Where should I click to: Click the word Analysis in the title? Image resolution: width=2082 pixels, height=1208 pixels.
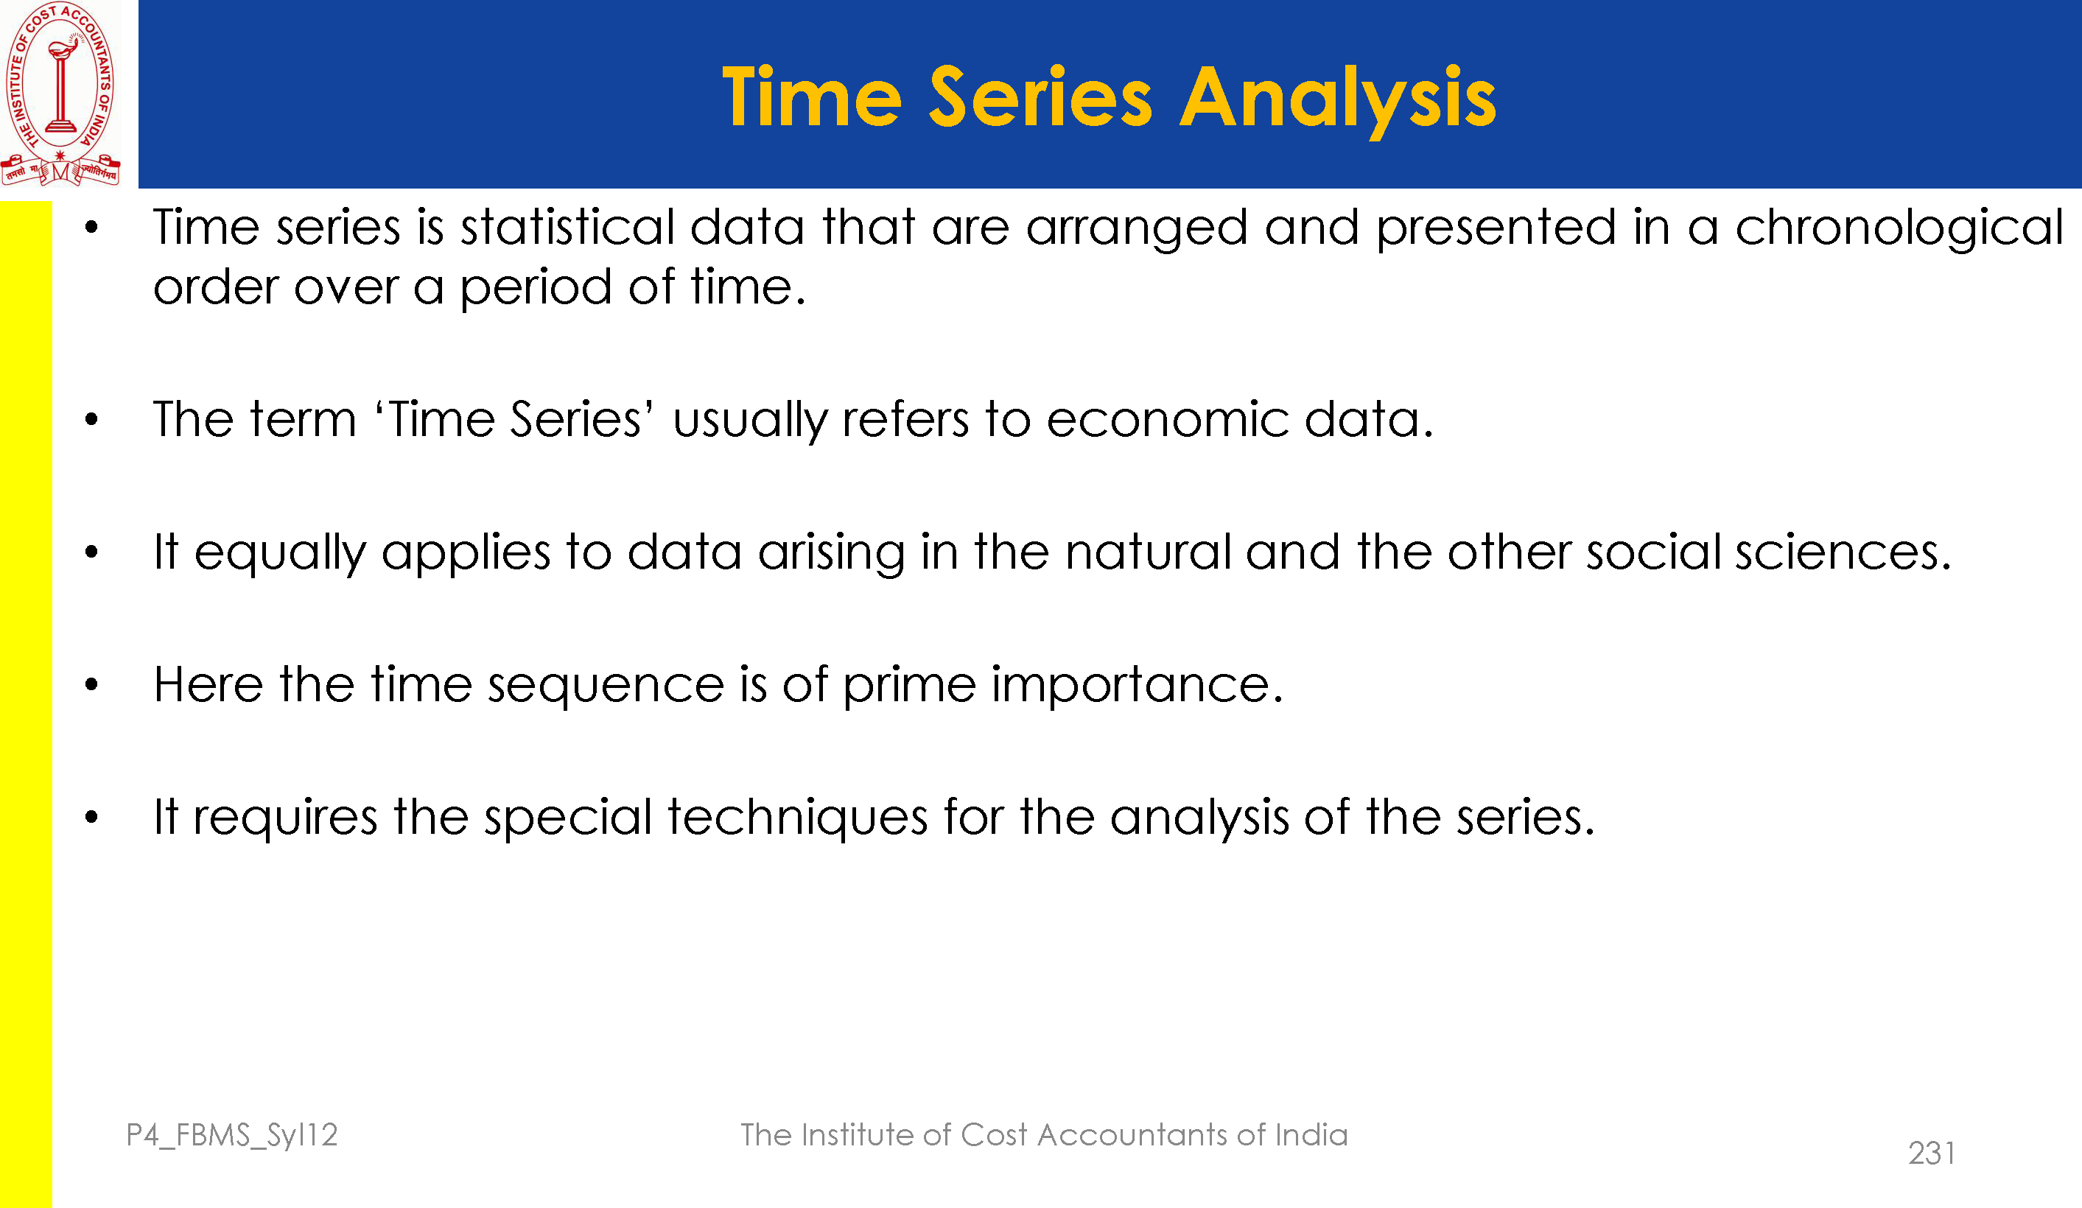[1338, 100]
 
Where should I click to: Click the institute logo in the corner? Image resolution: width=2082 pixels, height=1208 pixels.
[60, 94]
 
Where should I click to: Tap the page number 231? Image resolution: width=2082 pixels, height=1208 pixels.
[1932, 1153]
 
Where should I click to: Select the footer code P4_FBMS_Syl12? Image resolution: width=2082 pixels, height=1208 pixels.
[232, 1136]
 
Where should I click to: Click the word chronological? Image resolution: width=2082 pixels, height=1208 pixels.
[1899, 229]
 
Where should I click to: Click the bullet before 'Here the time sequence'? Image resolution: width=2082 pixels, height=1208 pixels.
[91, 684]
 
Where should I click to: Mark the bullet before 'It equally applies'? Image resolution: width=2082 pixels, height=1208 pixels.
[91, 552]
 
